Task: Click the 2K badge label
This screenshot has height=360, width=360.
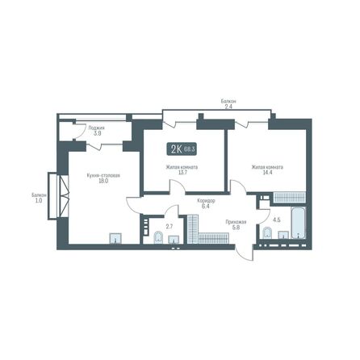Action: [x=175, y=149]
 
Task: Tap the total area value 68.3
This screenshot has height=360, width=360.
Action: [x=190, y=149]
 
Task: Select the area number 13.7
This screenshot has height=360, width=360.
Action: [x=182, y=173]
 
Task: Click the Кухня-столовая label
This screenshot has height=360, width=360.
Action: [x=101, y=175]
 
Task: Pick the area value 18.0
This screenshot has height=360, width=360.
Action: [x=101, y=182]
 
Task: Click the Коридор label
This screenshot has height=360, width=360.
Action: [x=204, y=200]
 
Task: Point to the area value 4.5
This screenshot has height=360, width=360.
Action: [x=276, y=219]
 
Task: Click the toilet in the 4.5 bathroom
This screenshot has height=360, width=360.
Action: [x=266, y=233]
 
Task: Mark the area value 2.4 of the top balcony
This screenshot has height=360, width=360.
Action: [x=228, y=107]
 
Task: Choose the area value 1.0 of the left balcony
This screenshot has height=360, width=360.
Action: [x=39, y=200]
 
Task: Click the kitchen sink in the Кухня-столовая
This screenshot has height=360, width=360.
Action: [x=115, y=237]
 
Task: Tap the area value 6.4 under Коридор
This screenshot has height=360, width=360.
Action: [x=204, y=207]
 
